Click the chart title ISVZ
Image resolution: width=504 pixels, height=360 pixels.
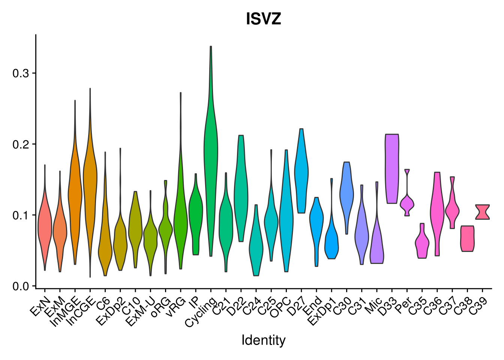pyautogui.click(x=263, y=19)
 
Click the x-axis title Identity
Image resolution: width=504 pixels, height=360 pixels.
pyautogui.click(x=263, y=340)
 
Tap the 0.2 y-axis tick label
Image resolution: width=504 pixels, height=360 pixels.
pyautogui.click(x=21, y=144)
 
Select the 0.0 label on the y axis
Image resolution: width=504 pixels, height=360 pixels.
pyautogui.click(x=21, y=286)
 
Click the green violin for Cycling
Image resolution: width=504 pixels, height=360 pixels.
pyautogui.click(x=211, y=150)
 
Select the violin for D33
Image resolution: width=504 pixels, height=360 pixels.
pyautogui.click(x=392, y=169)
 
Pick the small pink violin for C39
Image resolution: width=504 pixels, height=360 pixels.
pyautogui.click(x=482, y=212)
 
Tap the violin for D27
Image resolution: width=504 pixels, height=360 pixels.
pyautogui.click(x=301, y=172)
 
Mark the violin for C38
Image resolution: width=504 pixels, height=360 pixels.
pyautogui.click(x=467, y=238)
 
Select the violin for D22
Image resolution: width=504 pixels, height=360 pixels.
pyautogui.click(x=241, y=187)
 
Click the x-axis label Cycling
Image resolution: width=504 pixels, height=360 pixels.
pyautogui.click(x=202, y=311)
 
